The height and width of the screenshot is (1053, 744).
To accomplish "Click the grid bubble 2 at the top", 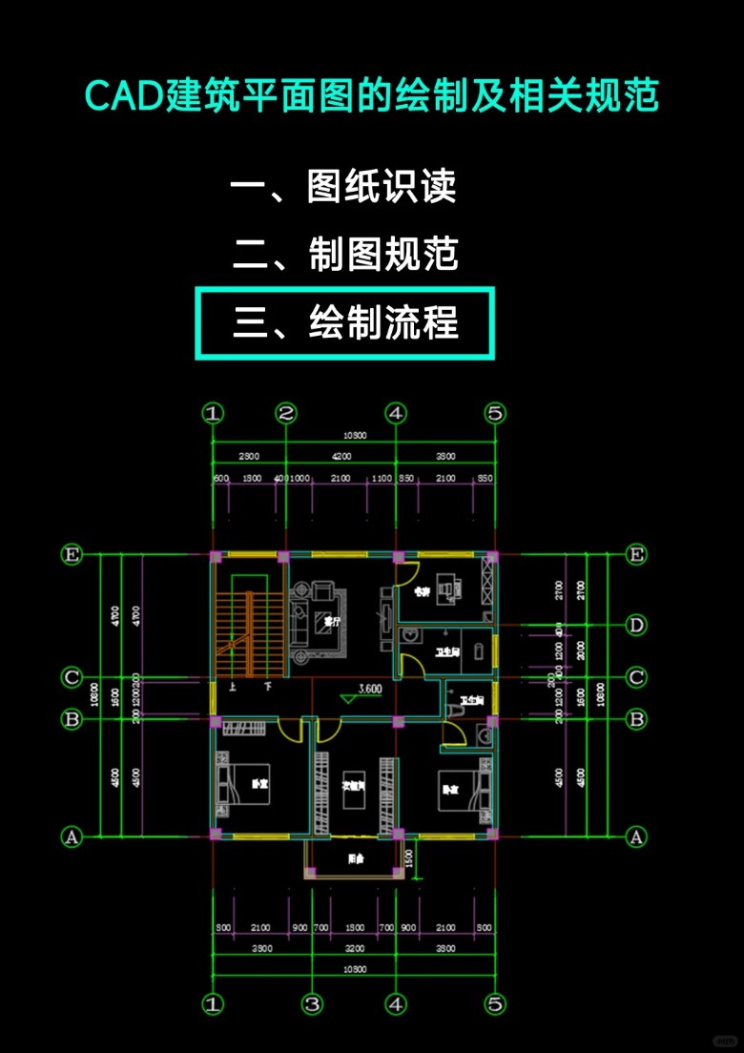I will [x=286, y=413].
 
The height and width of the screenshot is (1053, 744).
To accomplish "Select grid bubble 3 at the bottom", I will [x=312, y=1004].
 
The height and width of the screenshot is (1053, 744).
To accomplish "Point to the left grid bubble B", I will [x=71, y=719].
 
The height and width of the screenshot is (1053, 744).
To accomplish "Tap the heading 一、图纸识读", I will [x=343, y=186].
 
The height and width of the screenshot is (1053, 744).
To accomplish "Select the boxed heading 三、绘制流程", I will [x=345, y=324].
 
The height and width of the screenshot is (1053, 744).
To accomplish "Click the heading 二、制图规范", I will [x=345, y=255].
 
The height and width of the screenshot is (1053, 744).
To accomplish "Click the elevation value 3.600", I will [x=370, y=689].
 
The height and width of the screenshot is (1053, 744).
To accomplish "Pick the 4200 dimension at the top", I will [x=341, y=456].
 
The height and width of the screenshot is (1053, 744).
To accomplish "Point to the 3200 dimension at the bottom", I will [x=354, y=949].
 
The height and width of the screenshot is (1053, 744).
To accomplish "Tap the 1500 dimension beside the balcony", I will [x=409, y=857].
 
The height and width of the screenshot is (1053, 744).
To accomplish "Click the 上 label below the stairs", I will [x=232, y=686].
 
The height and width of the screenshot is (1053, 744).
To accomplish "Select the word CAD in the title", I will [x=117, y=97].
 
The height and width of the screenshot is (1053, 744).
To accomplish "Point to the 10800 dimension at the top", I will [x=355, y=436].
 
